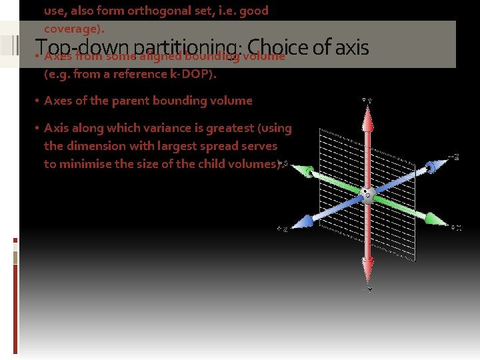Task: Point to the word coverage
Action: (71, 29)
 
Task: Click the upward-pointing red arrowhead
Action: (367, 117)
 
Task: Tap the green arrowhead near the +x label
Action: (434, 218)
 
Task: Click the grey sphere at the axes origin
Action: (367, 194)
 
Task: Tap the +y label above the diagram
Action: (367, 100)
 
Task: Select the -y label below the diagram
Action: (367, 290)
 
